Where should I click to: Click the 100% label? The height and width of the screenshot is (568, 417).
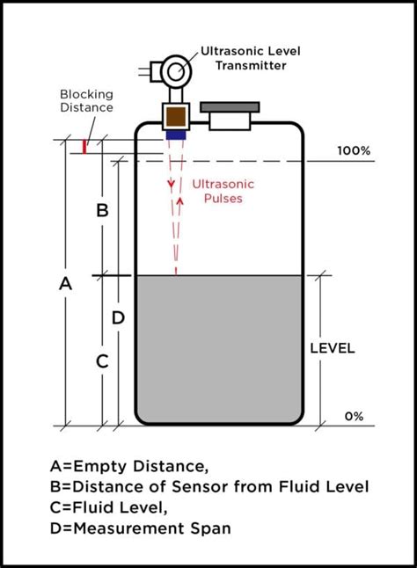point(354,151)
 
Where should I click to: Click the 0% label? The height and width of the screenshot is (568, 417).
point(354,416)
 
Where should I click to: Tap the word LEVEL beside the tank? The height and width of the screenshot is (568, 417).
point(333,348)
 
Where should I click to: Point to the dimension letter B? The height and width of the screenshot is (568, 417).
point(102,210)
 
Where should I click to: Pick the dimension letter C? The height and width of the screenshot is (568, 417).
point(102,360)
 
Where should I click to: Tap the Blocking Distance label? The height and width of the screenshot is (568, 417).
point(86,101)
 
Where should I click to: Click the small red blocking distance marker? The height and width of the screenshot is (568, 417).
point(84,146)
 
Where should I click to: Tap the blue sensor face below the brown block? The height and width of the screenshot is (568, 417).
point(176,135)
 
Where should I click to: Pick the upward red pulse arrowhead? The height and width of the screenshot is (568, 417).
point(182,200)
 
